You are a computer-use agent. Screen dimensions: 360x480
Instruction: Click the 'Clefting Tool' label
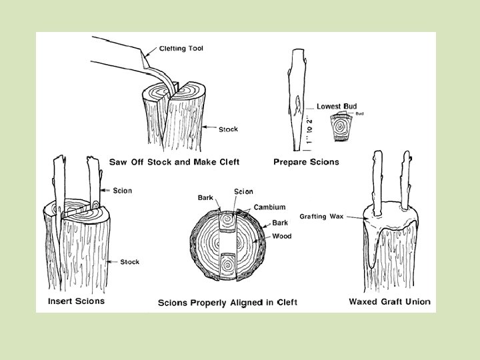coord(182,48)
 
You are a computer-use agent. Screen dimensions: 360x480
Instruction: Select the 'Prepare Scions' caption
coord(306,162)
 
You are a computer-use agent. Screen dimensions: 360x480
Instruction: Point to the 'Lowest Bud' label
coord(337,106)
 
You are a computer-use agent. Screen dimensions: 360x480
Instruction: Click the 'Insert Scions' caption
coord(76,301)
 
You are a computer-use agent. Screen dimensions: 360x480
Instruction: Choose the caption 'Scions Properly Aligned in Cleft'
coord(227,303)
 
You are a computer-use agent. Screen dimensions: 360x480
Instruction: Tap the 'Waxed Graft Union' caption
coord(390,301)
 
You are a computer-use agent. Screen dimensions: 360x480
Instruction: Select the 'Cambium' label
coord(269,207)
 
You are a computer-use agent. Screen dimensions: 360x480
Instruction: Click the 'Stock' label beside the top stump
coord(229,129)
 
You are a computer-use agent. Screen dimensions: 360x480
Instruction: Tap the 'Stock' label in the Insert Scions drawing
coord(130,262)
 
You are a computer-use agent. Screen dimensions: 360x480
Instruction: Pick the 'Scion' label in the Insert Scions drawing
coord(123,191)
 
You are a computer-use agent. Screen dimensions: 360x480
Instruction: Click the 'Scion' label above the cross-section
coord(243,192)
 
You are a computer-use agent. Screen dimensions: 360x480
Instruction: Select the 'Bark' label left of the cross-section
coord(206,198)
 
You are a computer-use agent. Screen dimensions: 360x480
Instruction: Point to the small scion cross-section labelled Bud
coord(341,127)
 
